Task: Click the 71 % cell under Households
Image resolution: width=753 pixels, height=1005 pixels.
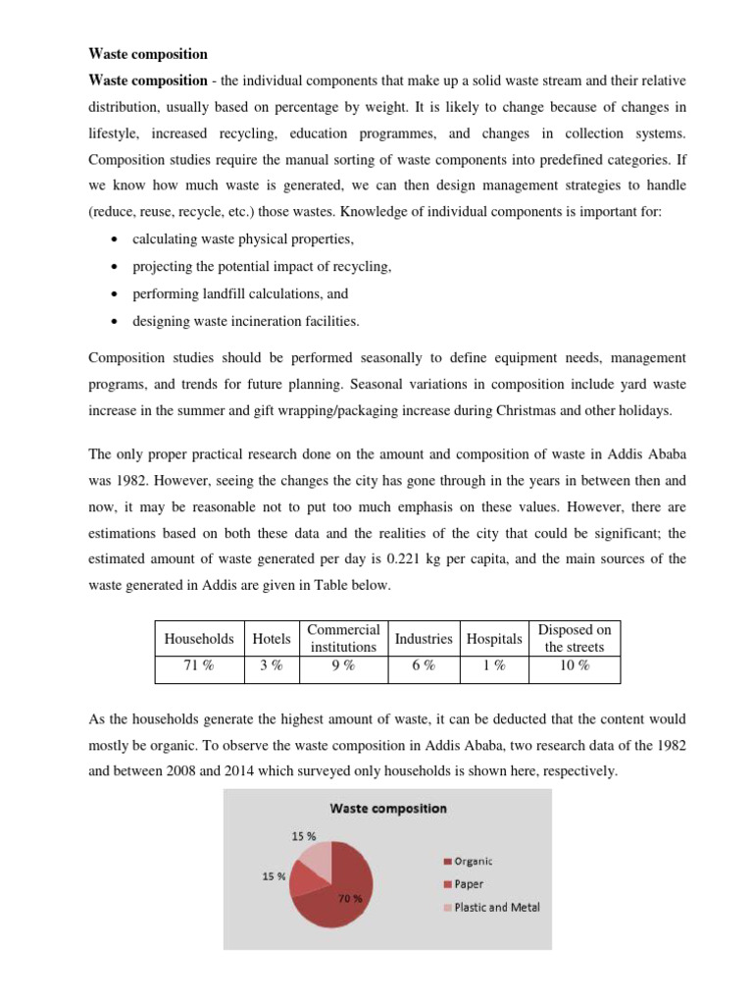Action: (199, 665)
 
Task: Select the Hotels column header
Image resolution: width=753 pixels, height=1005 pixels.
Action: (272, 638)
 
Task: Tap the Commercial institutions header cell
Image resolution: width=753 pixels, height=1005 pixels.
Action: (343, 638)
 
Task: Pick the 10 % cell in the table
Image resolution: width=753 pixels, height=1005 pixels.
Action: (575, 665)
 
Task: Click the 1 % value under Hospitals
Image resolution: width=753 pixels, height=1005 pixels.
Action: (494, 665)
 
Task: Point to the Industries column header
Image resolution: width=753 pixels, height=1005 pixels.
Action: (424, 638)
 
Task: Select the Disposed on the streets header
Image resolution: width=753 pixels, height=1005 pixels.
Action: (575, 638)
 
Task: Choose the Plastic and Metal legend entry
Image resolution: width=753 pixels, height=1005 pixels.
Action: (495, 907)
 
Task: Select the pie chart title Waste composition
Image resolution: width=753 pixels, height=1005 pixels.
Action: (387, 809)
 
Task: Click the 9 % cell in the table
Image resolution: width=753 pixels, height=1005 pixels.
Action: (343, 665)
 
